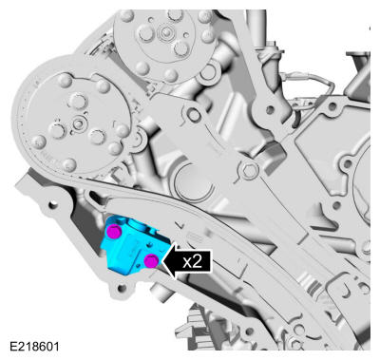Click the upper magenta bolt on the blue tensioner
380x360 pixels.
point(114,232)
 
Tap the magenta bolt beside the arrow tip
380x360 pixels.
point(152,261)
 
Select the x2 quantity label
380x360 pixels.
point(192,261)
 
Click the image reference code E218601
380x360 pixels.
point(34,346)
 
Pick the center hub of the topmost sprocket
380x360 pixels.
point(165,31)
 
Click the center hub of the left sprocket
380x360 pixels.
point(78,122)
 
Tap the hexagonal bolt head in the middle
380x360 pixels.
point(250,171)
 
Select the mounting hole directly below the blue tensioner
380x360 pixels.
point(122,288)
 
